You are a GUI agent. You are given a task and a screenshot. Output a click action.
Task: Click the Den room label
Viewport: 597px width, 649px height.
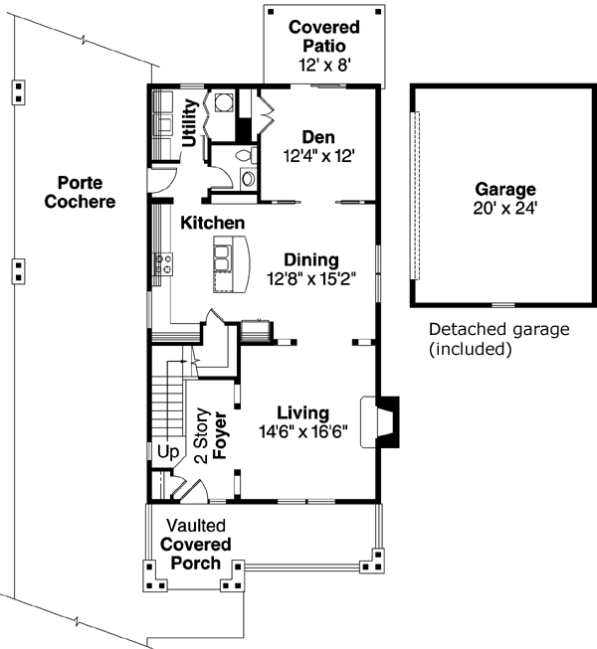click(318, 137)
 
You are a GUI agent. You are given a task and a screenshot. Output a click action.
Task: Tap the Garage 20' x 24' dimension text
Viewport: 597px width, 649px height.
click(505, 208)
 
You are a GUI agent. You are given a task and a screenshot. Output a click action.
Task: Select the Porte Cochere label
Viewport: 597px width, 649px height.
click(80, 192)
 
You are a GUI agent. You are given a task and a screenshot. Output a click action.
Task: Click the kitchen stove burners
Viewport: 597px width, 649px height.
click(163, 264)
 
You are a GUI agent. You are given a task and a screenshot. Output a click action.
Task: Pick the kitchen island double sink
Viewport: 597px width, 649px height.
click(222, 258)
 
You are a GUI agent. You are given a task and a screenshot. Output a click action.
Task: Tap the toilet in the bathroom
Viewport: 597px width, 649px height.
click(246, 155)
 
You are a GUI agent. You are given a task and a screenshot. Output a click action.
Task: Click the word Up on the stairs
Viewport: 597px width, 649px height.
click(168, 452)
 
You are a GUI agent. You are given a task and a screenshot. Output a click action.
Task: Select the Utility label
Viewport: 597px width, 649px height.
click(190, 123)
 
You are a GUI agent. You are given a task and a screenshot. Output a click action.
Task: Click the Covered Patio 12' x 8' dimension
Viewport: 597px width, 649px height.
click(325, 65)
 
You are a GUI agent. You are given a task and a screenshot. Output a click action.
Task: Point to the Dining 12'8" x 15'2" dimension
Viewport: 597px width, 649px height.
click(311, 279)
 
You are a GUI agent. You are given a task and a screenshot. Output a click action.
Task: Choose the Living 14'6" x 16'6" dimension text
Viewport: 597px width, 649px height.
click(303, 431)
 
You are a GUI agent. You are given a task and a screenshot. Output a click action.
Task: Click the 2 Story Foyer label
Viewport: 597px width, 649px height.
click(211, 436)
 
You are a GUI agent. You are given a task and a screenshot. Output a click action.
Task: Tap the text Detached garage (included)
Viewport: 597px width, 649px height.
click(499, 339)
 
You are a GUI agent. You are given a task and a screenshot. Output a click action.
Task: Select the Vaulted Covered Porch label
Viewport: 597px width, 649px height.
click(196, 545)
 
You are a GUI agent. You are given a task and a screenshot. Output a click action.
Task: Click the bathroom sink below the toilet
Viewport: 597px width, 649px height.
click(248, 179)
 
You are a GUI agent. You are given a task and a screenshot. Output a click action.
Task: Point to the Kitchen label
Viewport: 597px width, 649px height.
click(213, 223)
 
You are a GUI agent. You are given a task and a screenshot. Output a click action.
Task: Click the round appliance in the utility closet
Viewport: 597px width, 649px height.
click(224, 102)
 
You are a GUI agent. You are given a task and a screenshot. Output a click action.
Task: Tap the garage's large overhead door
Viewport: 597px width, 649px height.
click(415, 196)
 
